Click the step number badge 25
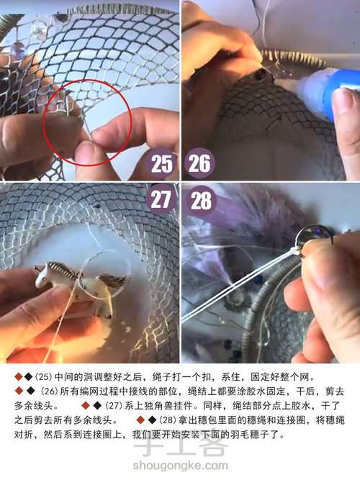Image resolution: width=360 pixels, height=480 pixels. click(x=161, y=163)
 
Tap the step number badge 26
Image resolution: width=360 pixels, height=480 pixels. click(x=199, y=163)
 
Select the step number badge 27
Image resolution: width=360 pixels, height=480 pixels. click(x=162, y=199)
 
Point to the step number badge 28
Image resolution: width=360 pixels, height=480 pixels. click(x=200, y=200)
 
